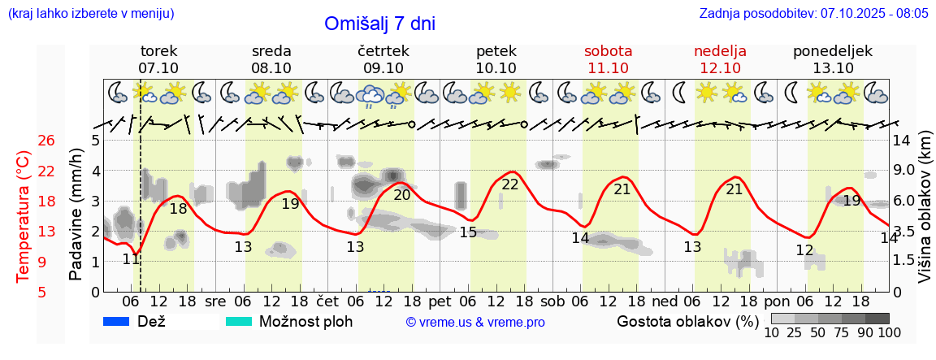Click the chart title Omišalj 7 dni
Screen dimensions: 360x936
point(379,24)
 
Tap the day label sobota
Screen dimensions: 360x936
point(608,51)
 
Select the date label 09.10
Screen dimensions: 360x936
point(383,68)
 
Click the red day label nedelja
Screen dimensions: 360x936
point(720,51)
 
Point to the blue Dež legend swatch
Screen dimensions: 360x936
point(117,322)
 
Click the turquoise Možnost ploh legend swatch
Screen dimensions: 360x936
point(238,322)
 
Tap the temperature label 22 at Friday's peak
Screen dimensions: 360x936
point(510,184)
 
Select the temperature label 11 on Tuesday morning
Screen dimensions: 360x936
point(131,259)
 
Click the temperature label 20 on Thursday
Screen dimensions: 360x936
point(402,195)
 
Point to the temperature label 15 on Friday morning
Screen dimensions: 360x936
point(468,232)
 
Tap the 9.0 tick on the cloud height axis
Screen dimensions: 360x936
point(905,171)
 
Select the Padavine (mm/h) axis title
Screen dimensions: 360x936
point(76,215)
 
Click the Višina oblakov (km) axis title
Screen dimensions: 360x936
point(925,213)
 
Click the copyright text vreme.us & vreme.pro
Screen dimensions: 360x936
point(475,323)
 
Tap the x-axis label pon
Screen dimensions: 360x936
point(787,301)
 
